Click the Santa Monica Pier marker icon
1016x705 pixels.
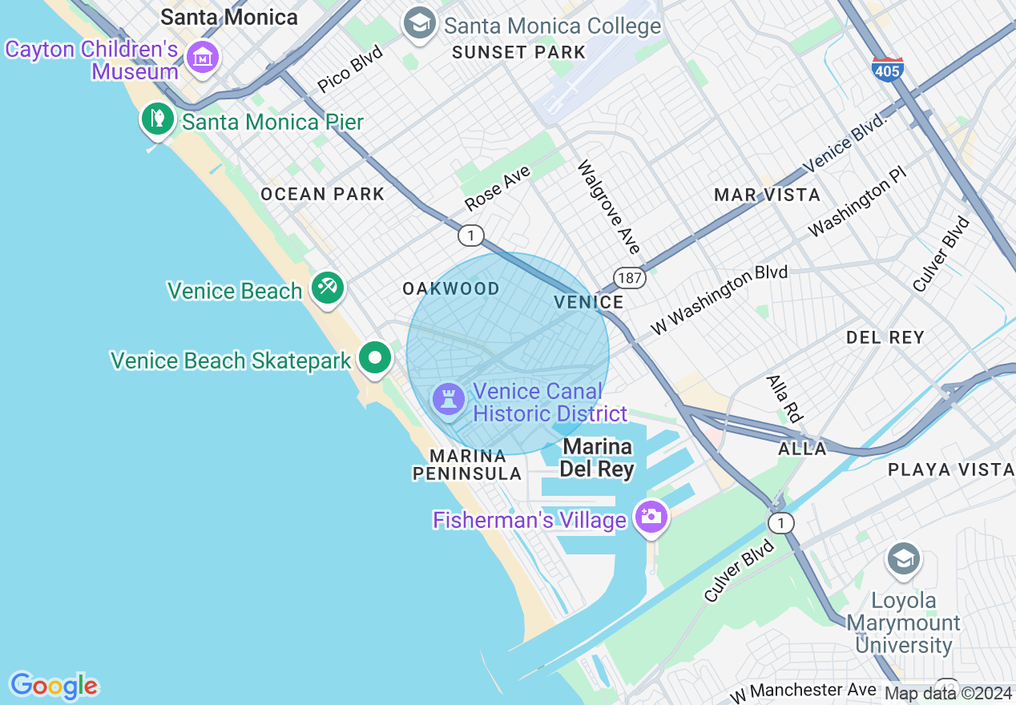click(x=158, y=119)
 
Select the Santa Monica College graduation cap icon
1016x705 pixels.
click(x=419, y=23)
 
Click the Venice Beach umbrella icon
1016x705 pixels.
click(x=327, y=287)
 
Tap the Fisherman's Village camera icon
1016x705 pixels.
click(x=651, y=516)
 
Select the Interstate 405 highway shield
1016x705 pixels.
click(x=888, y=69)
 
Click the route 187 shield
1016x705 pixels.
click(x=630, y=278)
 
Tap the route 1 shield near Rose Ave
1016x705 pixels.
click(x=471, y=236)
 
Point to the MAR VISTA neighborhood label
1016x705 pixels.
click(x=767, y=195)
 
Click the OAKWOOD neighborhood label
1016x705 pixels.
click(x=451, y=288)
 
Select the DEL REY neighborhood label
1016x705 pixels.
click(x=885, y=337)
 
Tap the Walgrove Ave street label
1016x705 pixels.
click(x=609, y=207)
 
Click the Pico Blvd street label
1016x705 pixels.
click(x=350, y=69)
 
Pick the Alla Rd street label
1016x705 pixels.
click(x=784, y=398)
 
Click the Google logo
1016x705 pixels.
click(x=54, y=686)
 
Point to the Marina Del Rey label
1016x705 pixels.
click(x=597, y=457)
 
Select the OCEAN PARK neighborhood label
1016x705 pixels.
click(x=323, y=194)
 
